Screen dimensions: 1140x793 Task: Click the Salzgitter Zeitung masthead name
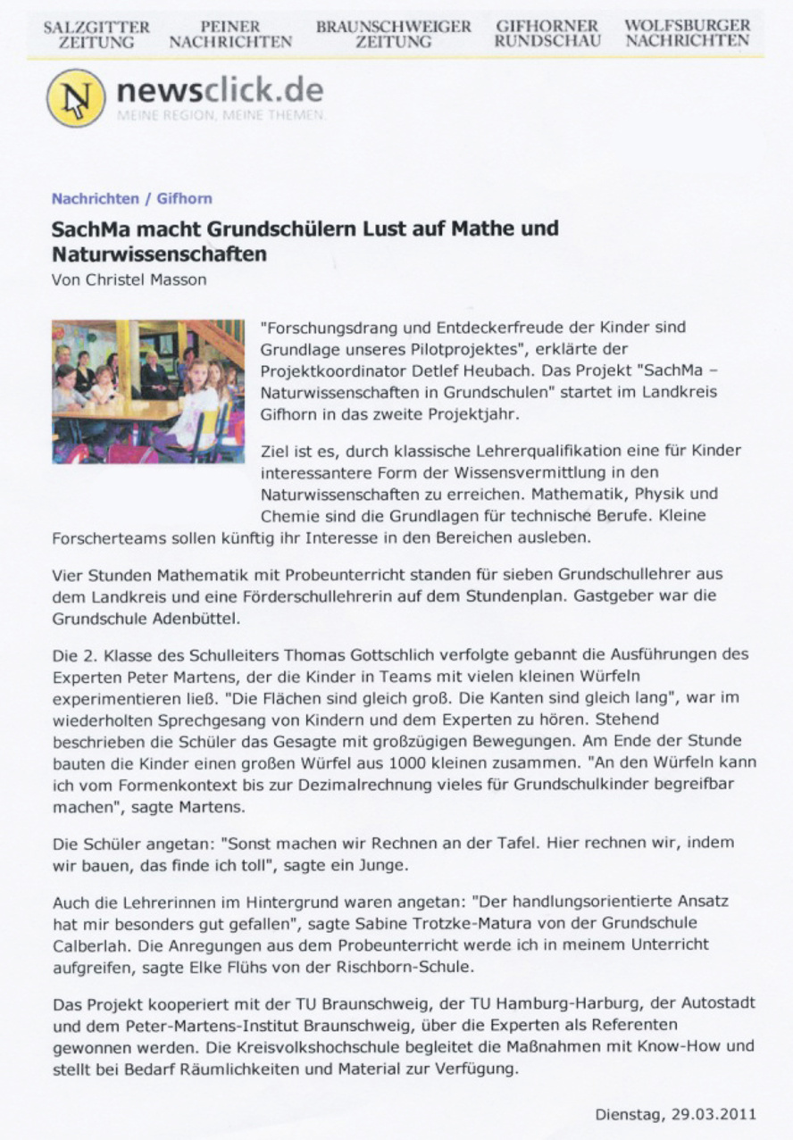96,34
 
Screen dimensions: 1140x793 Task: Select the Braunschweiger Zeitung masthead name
393,34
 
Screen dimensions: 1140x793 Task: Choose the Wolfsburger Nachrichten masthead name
687,34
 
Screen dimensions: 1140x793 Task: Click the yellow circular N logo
75,97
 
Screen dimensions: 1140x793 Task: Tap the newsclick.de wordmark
219,91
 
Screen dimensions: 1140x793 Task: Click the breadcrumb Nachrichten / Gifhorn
131,198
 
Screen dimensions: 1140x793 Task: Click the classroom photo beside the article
147,391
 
